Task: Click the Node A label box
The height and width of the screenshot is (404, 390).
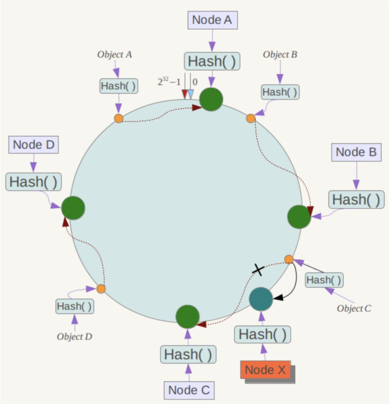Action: pos(213,20)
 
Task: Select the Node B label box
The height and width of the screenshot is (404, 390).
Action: pos(356,152)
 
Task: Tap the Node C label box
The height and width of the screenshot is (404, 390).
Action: pos(189,390)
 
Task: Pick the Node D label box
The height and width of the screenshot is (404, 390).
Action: pos(33,145)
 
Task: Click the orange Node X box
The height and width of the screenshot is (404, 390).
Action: pos(265,370)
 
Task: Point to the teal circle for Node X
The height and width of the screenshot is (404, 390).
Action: pos(261,299)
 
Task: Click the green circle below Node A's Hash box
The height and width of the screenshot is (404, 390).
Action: pos(211,99)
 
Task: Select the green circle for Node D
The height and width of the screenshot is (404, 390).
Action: pos(73,208)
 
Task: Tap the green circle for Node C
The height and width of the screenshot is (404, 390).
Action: pos(187,317)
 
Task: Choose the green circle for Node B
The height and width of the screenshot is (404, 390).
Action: pos(299,217)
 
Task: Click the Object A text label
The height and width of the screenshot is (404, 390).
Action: pos(115,54)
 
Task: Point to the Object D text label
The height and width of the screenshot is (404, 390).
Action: pos(75,336)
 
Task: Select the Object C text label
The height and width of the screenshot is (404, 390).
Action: pos(354,308)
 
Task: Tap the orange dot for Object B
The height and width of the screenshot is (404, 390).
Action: pos(251,118)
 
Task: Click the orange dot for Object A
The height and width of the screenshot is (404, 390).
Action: pos(119,118)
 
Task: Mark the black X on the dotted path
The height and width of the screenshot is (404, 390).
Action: pos(258,270)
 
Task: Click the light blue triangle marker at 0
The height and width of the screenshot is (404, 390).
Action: pos(191,94)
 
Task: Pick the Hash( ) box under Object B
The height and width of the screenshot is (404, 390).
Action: pos(280,92)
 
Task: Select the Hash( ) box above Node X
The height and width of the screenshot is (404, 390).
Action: pos(263,334)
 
